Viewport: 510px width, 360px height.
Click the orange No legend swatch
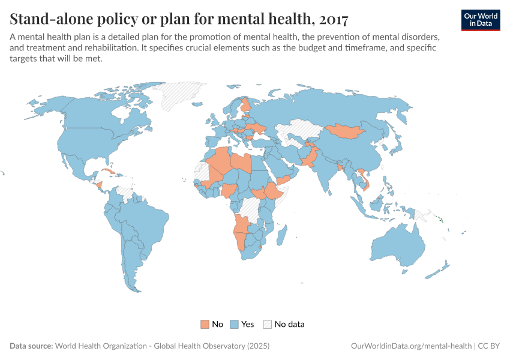click(205, 324)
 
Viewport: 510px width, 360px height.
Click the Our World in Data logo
click(481, 20)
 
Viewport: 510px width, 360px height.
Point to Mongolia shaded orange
click(345, 131)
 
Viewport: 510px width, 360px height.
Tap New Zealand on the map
click(441, 269)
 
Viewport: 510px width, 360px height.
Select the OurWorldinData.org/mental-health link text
click(411, 346)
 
